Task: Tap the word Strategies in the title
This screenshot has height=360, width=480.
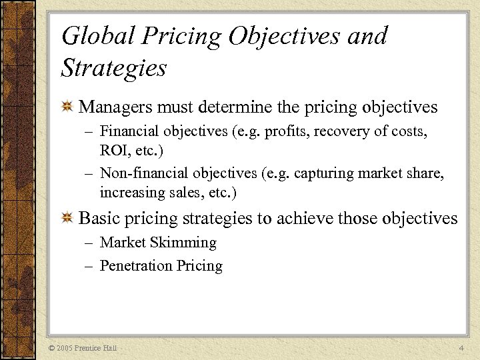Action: (x=114, y=67)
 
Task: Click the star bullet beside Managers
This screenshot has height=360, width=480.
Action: (x=67, y=107)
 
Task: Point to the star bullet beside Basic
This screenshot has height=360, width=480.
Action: (x=67, y=219)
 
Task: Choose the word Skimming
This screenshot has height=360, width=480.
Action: (x=187, y=243)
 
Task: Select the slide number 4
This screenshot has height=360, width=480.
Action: (x=462, y=349)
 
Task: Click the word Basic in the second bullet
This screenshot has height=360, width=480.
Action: (x=99, y=218)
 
